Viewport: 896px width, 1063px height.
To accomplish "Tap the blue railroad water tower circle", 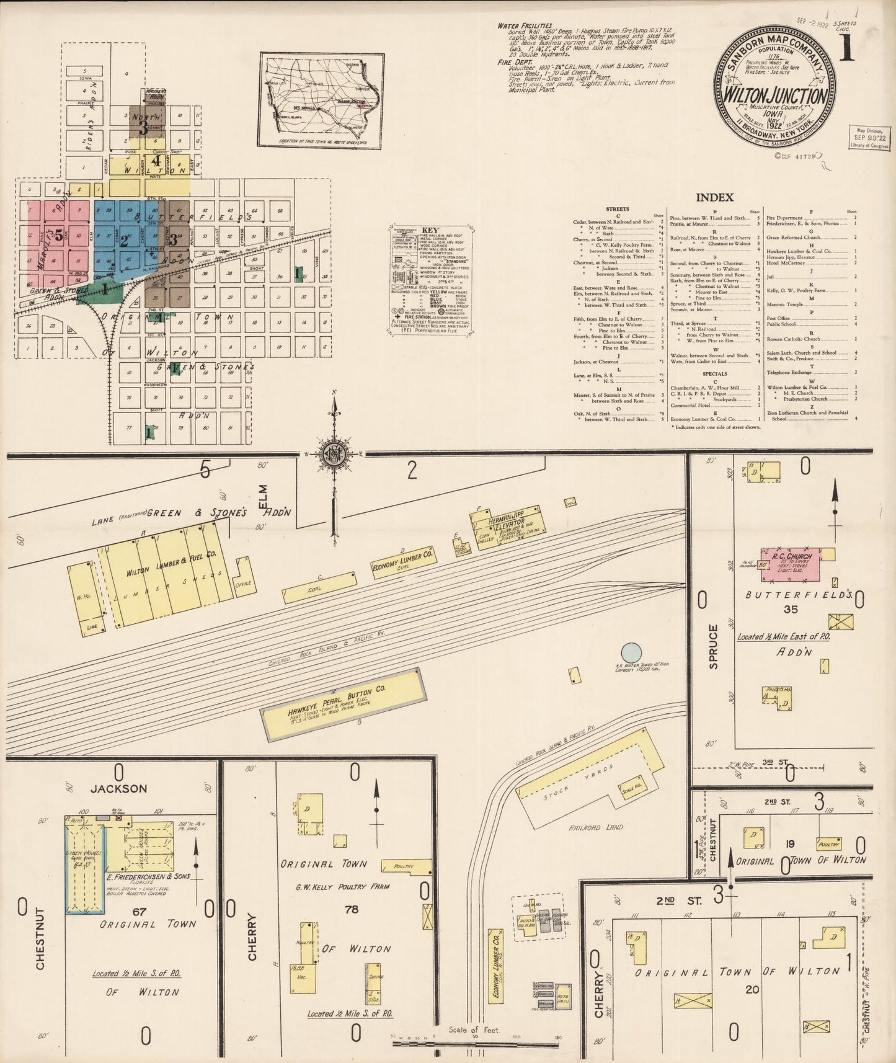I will tap(631, 652).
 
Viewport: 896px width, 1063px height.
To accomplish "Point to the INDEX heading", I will tap(714, 197).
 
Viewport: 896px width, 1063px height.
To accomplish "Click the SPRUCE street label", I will tap(713, 646).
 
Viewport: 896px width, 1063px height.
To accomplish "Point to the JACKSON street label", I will tap(118, 789).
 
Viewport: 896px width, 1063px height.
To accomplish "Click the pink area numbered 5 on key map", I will tap(58, 234).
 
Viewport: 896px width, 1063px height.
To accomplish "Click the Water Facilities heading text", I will tap(525, 26).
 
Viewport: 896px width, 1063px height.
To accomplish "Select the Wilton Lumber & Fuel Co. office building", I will tap(244, 576).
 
